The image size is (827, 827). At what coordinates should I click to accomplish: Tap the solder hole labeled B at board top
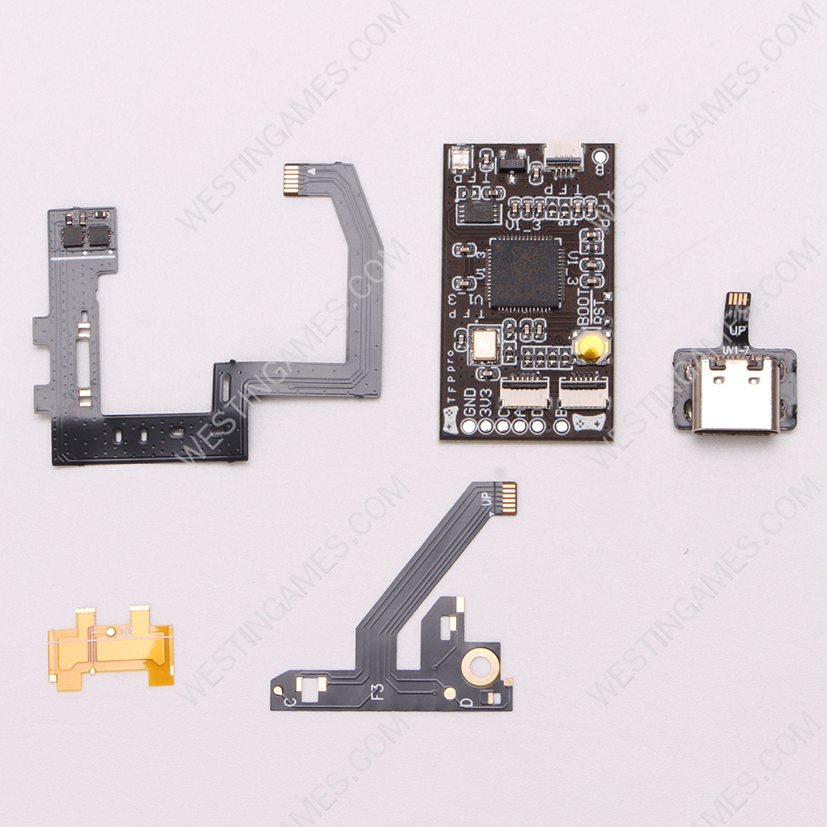pyautogui.click(x=601, y=158)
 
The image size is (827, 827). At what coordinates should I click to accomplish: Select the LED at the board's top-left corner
pyautogui.click(x=459, y=158)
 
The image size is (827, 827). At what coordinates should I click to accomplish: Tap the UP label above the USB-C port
pyautogui.click(x=738, y=330)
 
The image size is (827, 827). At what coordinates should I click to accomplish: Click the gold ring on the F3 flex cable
pyautogui.click(x=480, y=667)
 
